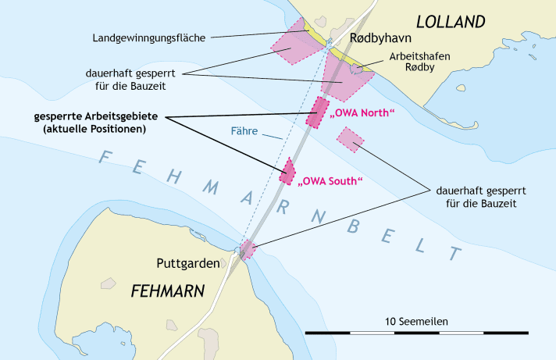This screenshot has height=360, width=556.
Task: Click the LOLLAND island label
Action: (450, 21)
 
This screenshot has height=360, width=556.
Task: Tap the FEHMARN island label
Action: (167, 291)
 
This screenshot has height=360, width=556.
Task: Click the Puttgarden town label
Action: (187, 264)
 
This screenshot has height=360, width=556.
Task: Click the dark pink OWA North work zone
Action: (318, 112)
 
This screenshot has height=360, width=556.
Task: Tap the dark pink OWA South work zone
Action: (288, 171)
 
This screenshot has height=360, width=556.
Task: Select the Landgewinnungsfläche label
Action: (149, 37)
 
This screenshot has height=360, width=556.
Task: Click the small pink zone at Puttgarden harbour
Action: (248, 250)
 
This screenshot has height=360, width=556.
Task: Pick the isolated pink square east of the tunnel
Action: (351, 139)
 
